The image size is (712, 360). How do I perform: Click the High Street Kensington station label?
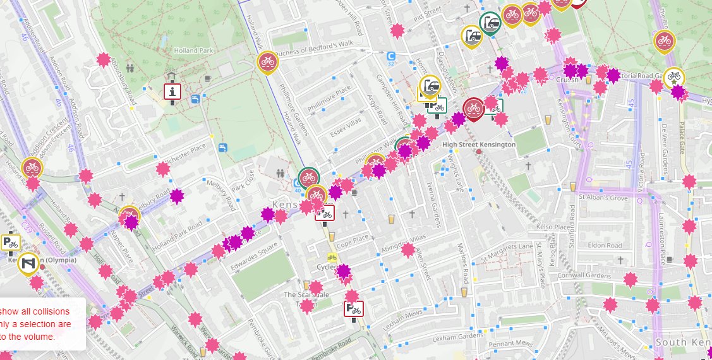[x=478, y=145]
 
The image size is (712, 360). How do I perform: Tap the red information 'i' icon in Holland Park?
[x=173, y=92]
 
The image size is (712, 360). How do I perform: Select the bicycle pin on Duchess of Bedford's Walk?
[x=268, y=62]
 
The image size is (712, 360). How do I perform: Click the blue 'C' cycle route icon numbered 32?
[x=392, y=56]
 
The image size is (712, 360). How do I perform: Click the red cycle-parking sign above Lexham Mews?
[x=354, y=309]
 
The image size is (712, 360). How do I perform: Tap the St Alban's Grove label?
[x=603, y=198]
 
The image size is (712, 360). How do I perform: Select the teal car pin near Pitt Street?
[x=490, y=23]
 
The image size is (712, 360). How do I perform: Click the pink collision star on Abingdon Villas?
[x=408, y=250]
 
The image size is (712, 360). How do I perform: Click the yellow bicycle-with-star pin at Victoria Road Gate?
[x=674, y=77]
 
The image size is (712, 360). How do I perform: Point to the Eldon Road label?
[x=605, y=245]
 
